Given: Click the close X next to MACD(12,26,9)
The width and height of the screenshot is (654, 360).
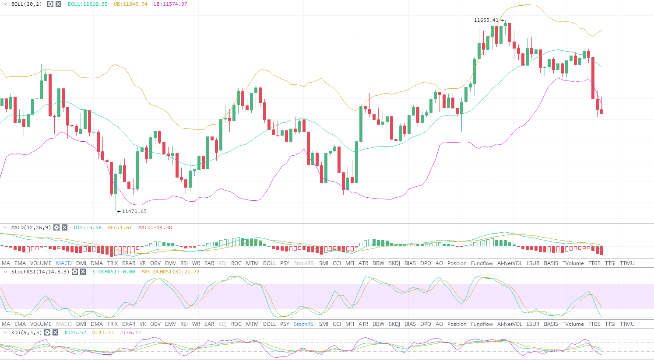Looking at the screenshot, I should click(64, 227).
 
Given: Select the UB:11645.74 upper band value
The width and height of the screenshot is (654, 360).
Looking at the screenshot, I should click(130, 4).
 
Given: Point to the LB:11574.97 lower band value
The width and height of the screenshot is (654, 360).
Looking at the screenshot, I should click(170, 4).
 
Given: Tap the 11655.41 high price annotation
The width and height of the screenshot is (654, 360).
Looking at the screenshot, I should click(486, 20).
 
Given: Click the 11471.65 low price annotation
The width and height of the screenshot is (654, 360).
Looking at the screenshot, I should click(134, 211).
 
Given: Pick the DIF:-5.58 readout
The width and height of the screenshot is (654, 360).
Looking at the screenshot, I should click(88, 227).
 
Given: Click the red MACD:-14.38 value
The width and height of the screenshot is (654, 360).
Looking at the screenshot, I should click(155, 227).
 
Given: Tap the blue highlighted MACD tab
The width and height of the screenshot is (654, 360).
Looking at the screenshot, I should click(64, 263).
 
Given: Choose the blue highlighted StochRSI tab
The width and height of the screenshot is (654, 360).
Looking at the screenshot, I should click(304, 324).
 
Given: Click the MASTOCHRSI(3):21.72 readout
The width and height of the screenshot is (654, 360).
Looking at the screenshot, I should click(170, 272).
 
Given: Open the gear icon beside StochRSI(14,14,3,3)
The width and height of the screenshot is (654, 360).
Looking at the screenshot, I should click(75, 272).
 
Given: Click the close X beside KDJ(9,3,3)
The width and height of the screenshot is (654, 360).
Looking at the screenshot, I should click(56, 332).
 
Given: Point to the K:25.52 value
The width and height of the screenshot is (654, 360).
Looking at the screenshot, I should click(75, 332).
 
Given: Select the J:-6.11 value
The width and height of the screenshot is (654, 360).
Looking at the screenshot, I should click(130, 332).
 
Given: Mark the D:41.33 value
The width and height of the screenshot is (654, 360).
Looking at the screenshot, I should click(103, 332).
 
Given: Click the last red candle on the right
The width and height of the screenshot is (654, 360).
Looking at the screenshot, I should click(602, 112).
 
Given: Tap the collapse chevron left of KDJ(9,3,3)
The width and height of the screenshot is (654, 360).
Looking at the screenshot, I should click(5, 332).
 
